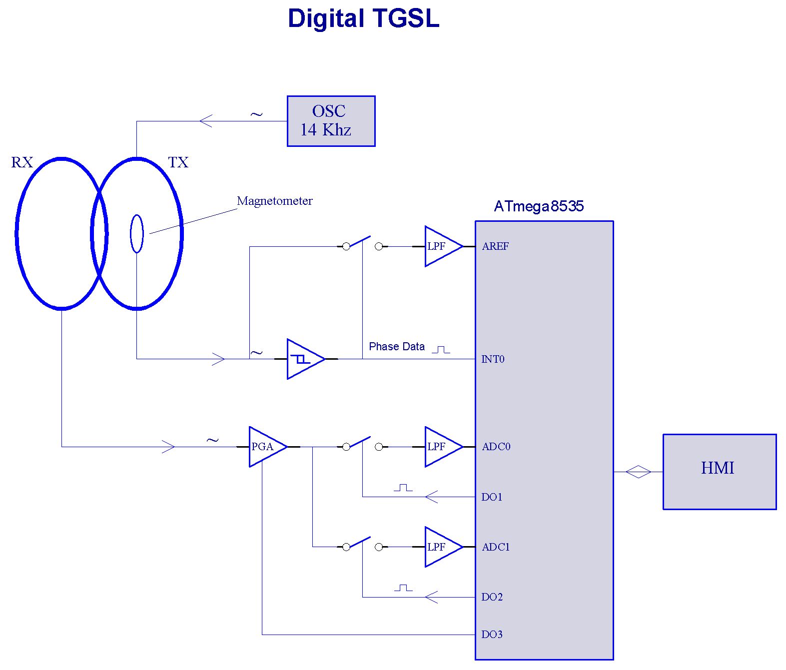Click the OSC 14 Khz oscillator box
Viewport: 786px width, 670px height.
331,121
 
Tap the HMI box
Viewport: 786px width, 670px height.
719,472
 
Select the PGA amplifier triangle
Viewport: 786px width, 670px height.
265,447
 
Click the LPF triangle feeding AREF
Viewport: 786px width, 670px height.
441,246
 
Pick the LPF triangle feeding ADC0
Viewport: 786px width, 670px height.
441,447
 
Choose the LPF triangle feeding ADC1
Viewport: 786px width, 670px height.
441,547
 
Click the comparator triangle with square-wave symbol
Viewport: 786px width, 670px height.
303,359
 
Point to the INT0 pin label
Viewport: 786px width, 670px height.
493,359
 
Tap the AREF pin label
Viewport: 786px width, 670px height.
495,246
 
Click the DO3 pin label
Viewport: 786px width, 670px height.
492,635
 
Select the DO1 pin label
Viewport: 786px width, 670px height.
492,497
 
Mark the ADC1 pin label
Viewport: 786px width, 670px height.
496,547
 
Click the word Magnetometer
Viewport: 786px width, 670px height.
274,201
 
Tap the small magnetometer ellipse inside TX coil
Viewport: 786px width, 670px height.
137,233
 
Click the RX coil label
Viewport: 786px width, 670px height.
22,162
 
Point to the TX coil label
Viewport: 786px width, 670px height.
178,162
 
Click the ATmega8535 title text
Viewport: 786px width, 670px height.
539,206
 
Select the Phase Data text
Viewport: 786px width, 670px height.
396,346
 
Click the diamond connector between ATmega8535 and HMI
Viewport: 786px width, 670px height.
638,472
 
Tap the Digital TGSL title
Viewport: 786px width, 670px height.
363,18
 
